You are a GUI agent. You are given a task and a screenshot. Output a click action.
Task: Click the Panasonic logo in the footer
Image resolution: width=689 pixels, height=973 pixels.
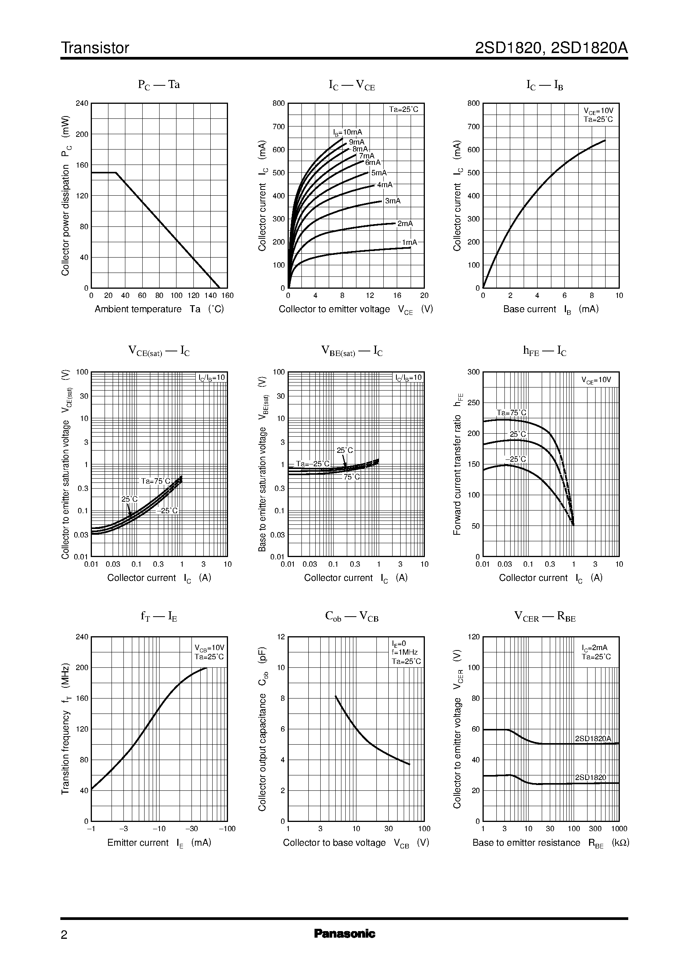(344, 933)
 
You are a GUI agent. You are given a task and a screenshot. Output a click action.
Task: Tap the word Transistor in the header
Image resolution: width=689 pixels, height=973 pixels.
(95, 48)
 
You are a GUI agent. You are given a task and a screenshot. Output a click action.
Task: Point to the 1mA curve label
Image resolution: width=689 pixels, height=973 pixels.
(409, 242)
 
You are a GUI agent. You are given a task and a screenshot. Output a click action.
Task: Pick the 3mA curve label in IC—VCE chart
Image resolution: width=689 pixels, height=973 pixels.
(393, 201)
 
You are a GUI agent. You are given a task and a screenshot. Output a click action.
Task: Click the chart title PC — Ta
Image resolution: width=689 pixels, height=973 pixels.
(159, 85)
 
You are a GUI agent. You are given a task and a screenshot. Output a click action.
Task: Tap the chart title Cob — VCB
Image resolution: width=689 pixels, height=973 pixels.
(352, 616)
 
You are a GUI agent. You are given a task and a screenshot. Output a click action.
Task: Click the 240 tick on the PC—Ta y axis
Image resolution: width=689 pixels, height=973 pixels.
(82, 103)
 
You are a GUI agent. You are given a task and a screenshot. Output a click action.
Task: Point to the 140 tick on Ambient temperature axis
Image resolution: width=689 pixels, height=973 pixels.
(210, 296)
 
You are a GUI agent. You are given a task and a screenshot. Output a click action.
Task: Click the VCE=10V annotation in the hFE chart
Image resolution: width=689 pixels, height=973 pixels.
(596, 380)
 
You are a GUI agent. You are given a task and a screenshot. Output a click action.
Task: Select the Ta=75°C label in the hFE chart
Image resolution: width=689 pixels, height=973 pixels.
(511, 413)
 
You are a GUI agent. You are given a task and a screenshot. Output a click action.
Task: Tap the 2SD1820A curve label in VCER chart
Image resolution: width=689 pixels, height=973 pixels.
(593, 738)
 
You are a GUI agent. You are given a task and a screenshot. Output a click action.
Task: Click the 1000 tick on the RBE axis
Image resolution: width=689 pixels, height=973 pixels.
(619, 828)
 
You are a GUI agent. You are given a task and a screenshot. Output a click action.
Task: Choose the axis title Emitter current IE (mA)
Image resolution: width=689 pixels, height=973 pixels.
(159, 843)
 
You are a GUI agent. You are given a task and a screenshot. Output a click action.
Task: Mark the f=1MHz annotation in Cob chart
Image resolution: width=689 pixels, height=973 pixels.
(405, 652)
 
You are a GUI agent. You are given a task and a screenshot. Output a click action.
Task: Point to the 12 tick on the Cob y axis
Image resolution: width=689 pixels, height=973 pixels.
(281, 637)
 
